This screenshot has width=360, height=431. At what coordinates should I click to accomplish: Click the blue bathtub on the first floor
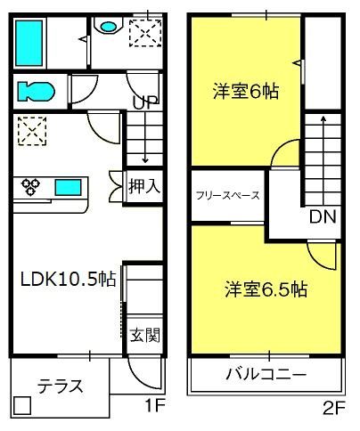(x=29, y=43)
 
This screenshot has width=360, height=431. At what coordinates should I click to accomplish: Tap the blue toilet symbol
(x=37, y=91)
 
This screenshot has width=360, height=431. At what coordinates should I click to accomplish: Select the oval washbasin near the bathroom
(x=108, y=27)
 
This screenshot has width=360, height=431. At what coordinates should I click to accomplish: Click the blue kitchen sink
(x=69, y=188)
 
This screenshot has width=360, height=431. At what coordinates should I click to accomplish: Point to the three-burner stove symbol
(x=30, y=187)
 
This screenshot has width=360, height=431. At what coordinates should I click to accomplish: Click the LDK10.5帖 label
(x=68, y=279)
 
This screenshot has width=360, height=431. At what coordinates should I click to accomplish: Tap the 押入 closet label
(x=144, y=186)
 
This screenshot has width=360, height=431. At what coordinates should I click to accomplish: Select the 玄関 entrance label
(x=145, y=335)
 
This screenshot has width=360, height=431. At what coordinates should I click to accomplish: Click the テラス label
(x=60, y=386)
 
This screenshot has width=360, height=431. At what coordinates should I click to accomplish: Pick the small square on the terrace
(x=21, y=405)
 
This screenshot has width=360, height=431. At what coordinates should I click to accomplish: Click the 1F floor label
(x=154, y=405)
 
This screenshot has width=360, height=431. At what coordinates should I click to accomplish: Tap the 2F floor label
(x=334, y=410)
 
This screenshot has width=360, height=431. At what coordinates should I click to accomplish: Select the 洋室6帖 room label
(x=246, y=91)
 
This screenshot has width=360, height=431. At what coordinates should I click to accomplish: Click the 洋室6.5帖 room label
(x=266, y=289)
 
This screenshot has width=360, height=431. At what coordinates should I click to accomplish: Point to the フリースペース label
(x=228, y=195)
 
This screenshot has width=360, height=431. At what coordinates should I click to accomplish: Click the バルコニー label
(x=266, y=375)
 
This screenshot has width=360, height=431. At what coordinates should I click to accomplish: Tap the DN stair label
(x=323, y=216)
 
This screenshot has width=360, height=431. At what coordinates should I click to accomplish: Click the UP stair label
(x=145, y=102)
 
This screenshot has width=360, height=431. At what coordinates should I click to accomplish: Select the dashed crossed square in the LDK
(x=32, y=131)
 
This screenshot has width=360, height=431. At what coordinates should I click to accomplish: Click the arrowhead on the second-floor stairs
(x=323, y=118)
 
